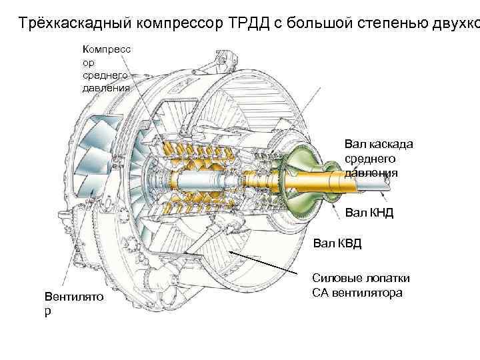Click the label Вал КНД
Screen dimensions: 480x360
pos(369,213)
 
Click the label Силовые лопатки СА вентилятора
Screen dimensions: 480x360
pos(361,285)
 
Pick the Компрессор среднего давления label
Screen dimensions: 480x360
pos(106,67)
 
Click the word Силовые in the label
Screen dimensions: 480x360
pos(333,278)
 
